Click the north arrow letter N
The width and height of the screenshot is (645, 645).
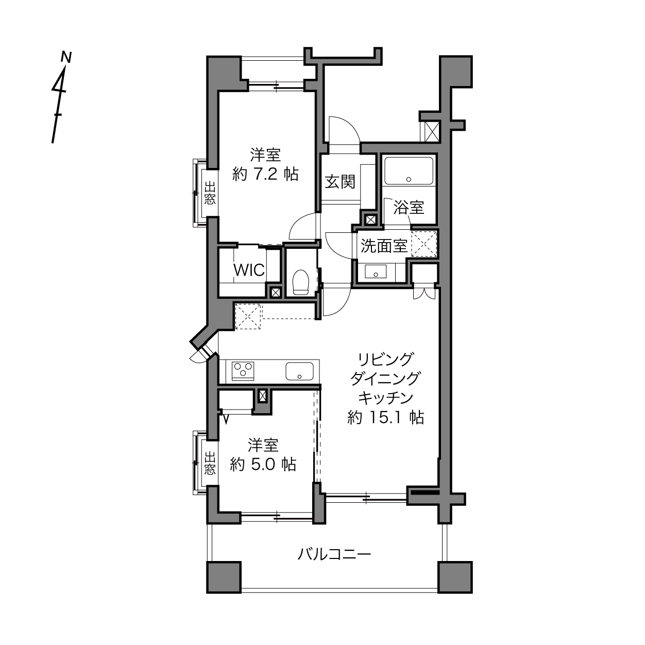click(x=66, y=57)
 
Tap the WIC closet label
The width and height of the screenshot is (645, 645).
click(x=249, y=270)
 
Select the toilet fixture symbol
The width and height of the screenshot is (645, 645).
click(x=300, y=282)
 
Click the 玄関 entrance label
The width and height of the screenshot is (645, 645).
click(x=340, y=182)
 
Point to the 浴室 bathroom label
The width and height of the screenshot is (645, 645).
click(x=409, y=207)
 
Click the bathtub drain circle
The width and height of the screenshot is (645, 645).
click(x=409, y=179)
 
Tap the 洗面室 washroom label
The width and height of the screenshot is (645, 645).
click(x=384, y=246)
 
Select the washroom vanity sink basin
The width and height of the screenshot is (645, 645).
click(x=376, y=271)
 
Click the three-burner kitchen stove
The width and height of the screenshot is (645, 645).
click(x=243, y=371)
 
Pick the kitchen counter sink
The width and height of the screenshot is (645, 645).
click(x=299, y=371)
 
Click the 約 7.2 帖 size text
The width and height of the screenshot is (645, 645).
click(x=265, y=174)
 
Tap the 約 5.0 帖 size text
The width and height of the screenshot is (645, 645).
click(x=263, y=465)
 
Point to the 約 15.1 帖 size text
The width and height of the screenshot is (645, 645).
click(x=386, y=417)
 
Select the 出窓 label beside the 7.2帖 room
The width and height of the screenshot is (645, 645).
click(x=210, y=193)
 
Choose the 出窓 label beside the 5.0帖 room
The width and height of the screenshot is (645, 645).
click(x=210, y=463)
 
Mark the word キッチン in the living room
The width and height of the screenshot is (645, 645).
click(x=386, y=398)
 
